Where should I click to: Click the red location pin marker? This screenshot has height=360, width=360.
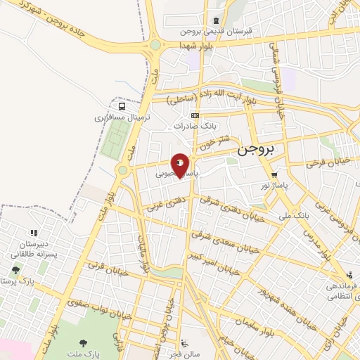coord(181,164)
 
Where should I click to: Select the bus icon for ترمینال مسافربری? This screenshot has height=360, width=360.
coord(123,106)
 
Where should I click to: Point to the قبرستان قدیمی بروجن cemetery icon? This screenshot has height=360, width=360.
coord(216,20)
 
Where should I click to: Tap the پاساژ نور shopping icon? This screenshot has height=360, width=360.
coord(274,176)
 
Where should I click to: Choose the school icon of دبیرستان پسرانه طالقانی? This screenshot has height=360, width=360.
coord(32,233)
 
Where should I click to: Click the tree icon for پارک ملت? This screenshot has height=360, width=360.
coord(84,344)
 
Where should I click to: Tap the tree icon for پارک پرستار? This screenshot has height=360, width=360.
coord(15,270)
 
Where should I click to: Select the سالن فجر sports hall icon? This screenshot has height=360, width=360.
coord(184,343)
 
